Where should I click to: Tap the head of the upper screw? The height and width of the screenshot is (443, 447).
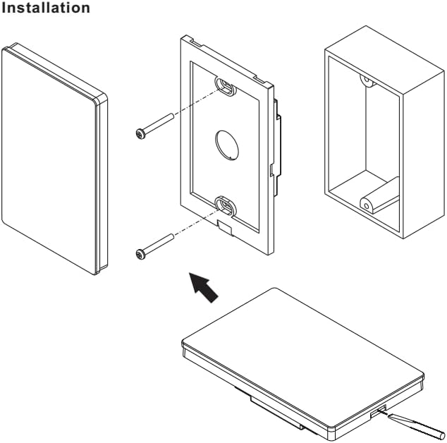[140, 131]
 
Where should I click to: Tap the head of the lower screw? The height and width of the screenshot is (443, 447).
[140, 252]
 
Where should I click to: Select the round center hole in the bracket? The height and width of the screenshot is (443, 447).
[225, 143]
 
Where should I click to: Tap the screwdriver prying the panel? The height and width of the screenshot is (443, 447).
[420, 426]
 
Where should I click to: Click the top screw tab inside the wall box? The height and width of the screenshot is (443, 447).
[366, 80]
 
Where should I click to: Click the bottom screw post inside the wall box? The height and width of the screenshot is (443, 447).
[369, 203]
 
